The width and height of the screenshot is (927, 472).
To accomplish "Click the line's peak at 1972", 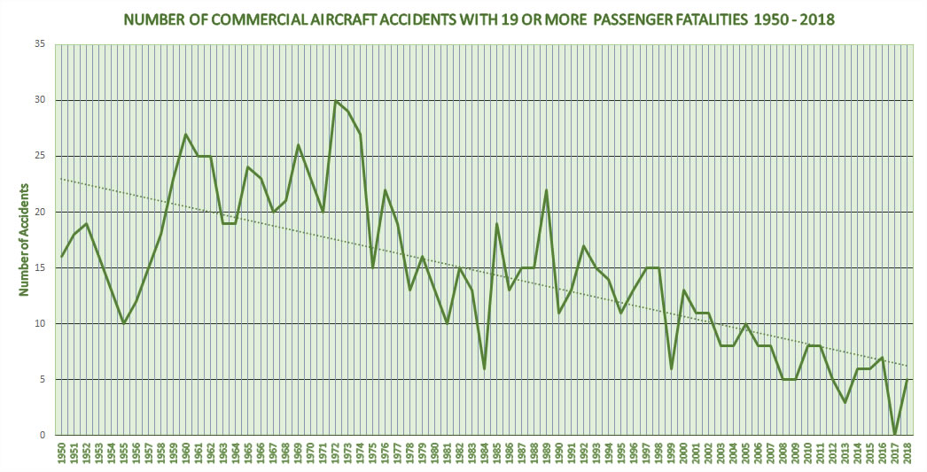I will click(x=336, y=101).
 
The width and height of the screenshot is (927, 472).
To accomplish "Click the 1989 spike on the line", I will click(x=547, y=190).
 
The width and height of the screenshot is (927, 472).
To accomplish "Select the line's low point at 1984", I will click(x=485, y=368).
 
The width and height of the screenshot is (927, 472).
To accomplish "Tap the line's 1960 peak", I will click(x=186, y=135).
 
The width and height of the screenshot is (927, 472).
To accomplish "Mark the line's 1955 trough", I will click(x=124, y=324).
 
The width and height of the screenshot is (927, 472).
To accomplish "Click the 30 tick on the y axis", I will click(x=40, y=100).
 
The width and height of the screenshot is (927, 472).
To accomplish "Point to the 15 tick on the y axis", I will click(x=40, y=267).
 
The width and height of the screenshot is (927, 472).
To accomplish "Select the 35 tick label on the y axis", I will click(x=40, y=44).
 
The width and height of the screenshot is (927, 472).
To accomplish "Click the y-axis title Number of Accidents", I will click(x=26, y=239).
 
